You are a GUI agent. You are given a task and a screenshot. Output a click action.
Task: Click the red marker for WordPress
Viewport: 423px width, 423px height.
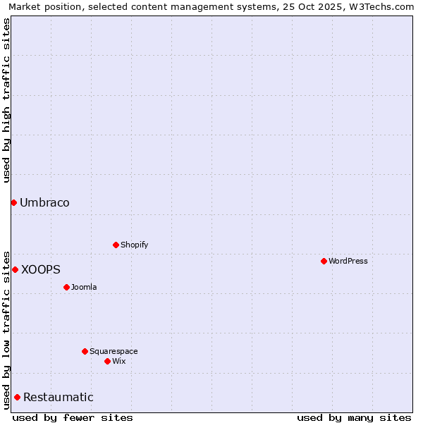point(324,261)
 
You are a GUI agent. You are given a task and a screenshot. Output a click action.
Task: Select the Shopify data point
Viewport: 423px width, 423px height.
point(116,245)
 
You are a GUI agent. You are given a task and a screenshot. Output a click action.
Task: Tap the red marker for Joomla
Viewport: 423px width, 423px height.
point(66,287)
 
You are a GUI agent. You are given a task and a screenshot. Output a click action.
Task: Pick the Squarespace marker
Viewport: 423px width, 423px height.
point(85,351)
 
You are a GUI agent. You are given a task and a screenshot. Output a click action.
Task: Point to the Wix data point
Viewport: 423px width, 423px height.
point(107,361)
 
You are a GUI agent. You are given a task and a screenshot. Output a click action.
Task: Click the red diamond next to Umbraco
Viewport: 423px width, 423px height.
point(13,203)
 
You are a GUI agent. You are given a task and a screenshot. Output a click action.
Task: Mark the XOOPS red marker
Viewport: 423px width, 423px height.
point(15,269)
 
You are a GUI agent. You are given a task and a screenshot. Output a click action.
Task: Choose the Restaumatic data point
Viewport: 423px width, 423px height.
point(17,397)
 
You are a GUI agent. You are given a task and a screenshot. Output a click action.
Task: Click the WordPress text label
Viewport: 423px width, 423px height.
point(348,261)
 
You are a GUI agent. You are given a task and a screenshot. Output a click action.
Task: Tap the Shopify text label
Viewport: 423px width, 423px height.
point(134,245)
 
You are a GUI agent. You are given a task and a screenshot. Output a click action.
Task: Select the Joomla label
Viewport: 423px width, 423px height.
point(84,287)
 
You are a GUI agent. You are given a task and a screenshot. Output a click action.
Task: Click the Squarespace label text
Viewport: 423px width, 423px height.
point(114,351)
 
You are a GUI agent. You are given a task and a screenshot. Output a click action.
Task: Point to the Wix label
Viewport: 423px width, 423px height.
point(118,361)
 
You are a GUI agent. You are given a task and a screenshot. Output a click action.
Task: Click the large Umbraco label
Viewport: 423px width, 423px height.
point(44,203)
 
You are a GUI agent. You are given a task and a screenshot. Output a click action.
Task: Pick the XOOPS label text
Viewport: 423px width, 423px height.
point(41,269)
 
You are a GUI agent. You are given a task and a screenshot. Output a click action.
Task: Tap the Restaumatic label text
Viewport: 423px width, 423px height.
point(59,397)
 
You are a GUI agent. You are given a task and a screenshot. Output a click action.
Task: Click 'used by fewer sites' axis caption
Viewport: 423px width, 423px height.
point(73,417)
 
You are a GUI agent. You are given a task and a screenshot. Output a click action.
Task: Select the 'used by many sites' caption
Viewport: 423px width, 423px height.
point(354,417)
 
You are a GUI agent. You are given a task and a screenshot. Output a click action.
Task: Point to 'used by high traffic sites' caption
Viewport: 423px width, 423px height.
point(6,100)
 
